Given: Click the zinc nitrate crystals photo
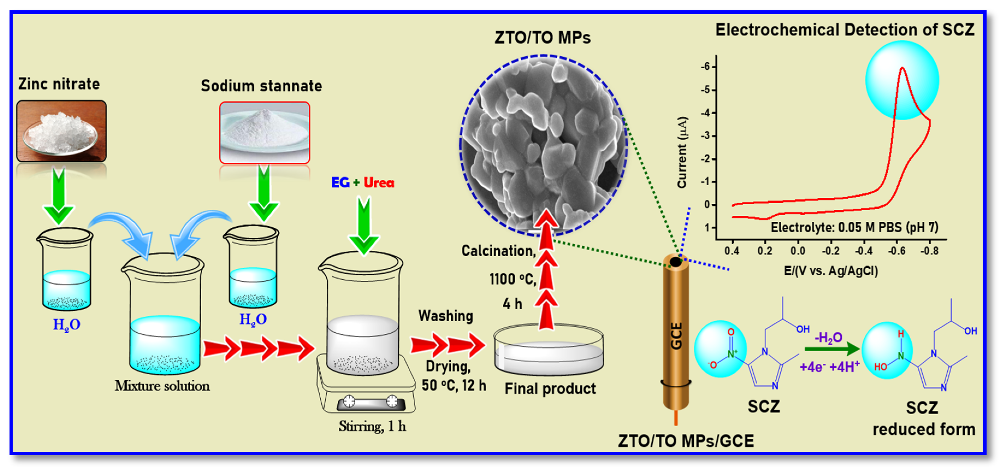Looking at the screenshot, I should [61, 131].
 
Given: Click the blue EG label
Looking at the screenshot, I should [340, 182].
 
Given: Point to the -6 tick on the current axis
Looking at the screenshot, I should [707, 67].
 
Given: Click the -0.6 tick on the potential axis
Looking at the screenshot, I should [897, 251].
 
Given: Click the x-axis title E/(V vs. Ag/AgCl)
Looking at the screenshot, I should [831, 270].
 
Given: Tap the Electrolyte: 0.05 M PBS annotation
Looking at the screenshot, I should [854, 227].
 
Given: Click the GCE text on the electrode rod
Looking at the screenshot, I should [676, 336].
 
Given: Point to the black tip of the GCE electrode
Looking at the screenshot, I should [675, 262].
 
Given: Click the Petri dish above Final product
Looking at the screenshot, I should [548, 351].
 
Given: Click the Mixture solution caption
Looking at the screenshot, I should [162, 386].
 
